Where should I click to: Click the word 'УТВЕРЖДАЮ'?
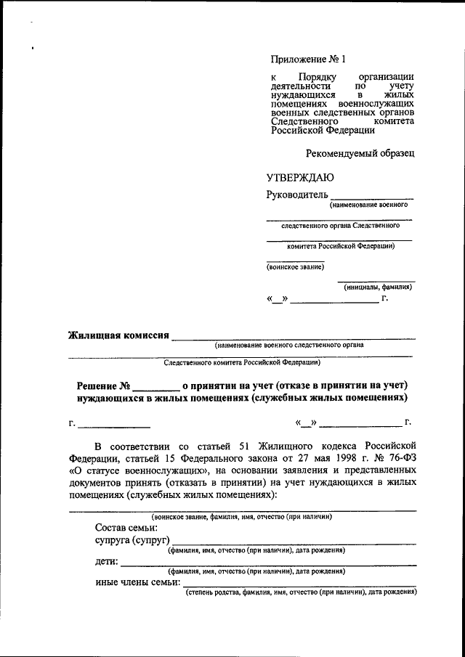click(300, 178)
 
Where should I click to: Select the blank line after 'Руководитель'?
click(372, 197)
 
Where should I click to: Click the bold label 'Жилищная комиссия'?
click(118, 335)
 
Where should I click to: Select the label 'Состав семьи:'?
click(126, 528)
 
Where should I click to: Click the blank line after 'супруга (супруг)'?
click(294, 542)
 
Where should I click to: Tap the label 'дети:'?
click(107, 561)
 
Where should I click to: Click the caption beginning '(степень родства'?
click(301, 592)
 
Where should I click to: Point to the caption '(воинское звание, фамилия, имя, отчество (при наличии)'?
click(242, 516)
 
